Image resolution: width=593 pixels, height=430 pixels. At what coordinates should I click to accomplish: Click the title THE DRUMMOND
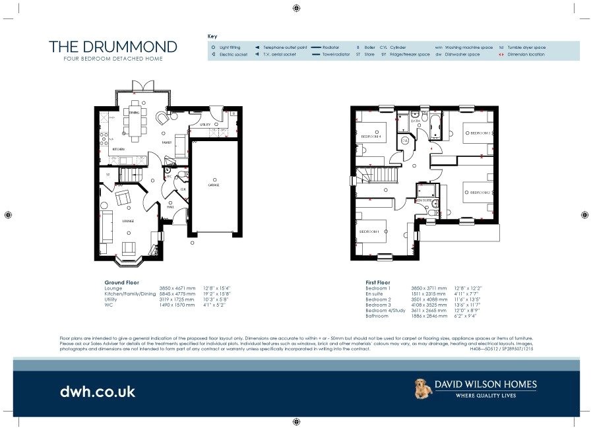[x=113, y=47]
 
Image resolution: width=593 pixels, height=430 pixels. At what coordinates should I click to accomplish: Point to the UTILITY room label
[x=204, y=125]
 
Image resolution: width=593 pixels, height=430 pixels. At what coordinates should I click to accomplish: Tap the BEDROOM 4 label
[x=371, y=137]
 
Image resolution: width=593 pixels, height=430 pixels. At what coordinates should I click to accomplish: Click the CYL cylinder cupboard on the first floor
[x=404, y=140]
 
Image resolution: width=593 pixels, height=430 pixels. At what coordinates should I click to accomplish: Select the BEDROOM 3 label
[x=479, y=133]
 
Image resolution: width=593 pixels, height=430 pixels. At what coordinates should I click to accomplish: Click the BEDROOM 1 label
[x=369, y=231]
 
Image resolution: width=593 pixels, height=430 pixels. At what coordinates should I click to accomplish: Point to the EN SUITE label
[x=423, y=199]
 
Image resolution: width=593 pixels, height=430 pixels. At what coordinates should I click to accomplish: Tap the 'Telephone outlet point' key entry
[x=284, y=47]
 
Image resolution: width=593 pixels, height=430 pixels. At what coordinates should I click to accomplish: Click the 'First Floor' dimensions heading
[x=379, y=283]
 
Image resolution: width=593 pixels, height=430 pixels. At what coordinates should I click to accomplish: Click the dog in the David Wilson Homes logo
[x=423, y=388]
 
